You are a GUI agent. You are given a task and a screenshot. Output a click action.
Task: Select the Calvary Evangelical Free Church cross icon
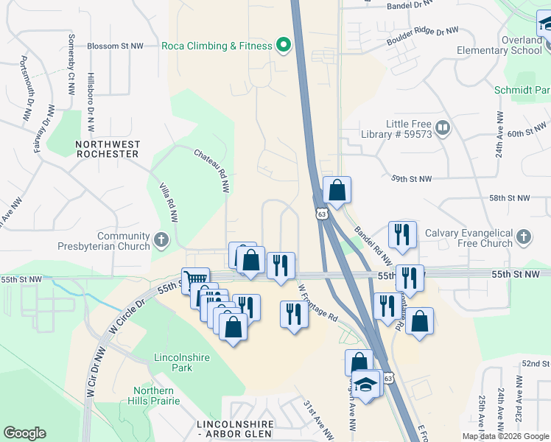(523, 237)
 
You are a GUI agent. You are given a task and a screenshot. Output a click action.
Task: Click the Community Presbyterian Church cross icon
(161, 240)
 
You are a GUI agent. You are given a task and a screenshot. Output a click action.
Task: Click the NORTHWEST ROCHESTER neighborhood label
(107, 149)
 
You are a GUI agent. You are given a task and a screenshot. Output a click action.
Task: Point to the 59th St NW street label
(412, 179)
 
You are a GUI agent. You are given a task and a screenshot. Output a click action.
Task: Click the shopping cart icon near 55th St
(195, 280)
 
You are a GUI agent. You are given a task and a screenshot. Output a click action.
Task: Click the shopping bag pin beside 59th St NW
(337, 190)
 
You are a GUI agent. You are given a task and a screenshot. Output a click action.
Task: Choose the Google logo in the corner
(24, 433)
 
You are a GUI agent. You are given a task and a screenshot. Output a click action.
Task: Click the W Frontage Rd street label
(318, 304)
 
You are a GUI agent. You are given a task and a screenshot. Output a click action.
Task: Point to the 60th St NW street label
(524, 133)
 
